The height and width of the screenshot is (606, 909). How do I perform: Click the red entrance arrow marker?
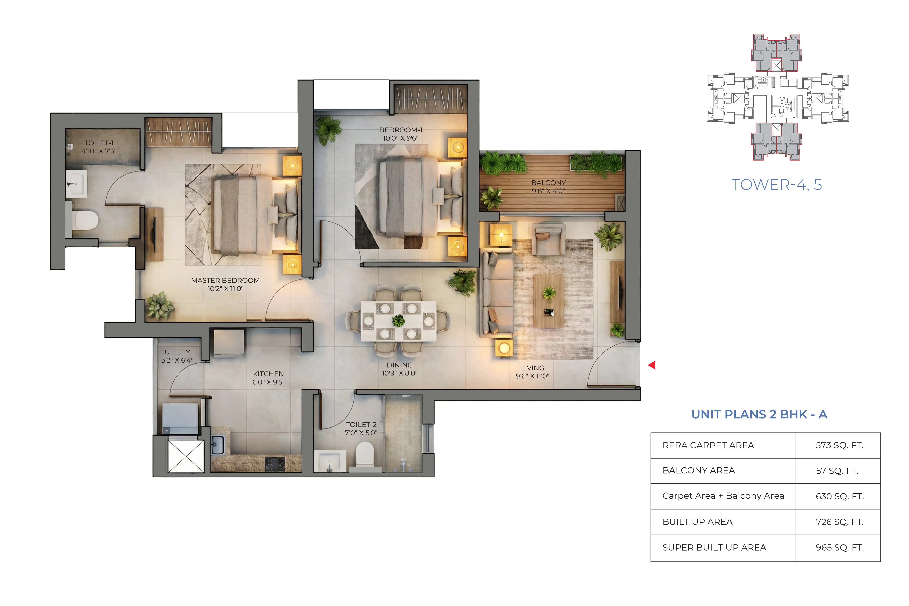tap(652, 365)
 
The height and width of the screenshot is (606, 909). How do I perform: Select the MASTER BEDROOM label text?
tap(225, 280)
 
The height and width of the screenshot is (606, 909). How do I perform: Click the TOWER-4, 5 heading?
tap(776, 185)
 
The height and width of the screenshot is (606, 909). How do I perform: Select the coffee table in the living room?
tap(548, 301)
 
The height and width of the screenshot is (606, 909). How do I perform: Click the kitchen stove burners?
tap(275, 464)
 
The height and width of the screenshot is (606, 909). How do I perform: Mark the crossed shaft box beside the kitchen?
tap(186, 456)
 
